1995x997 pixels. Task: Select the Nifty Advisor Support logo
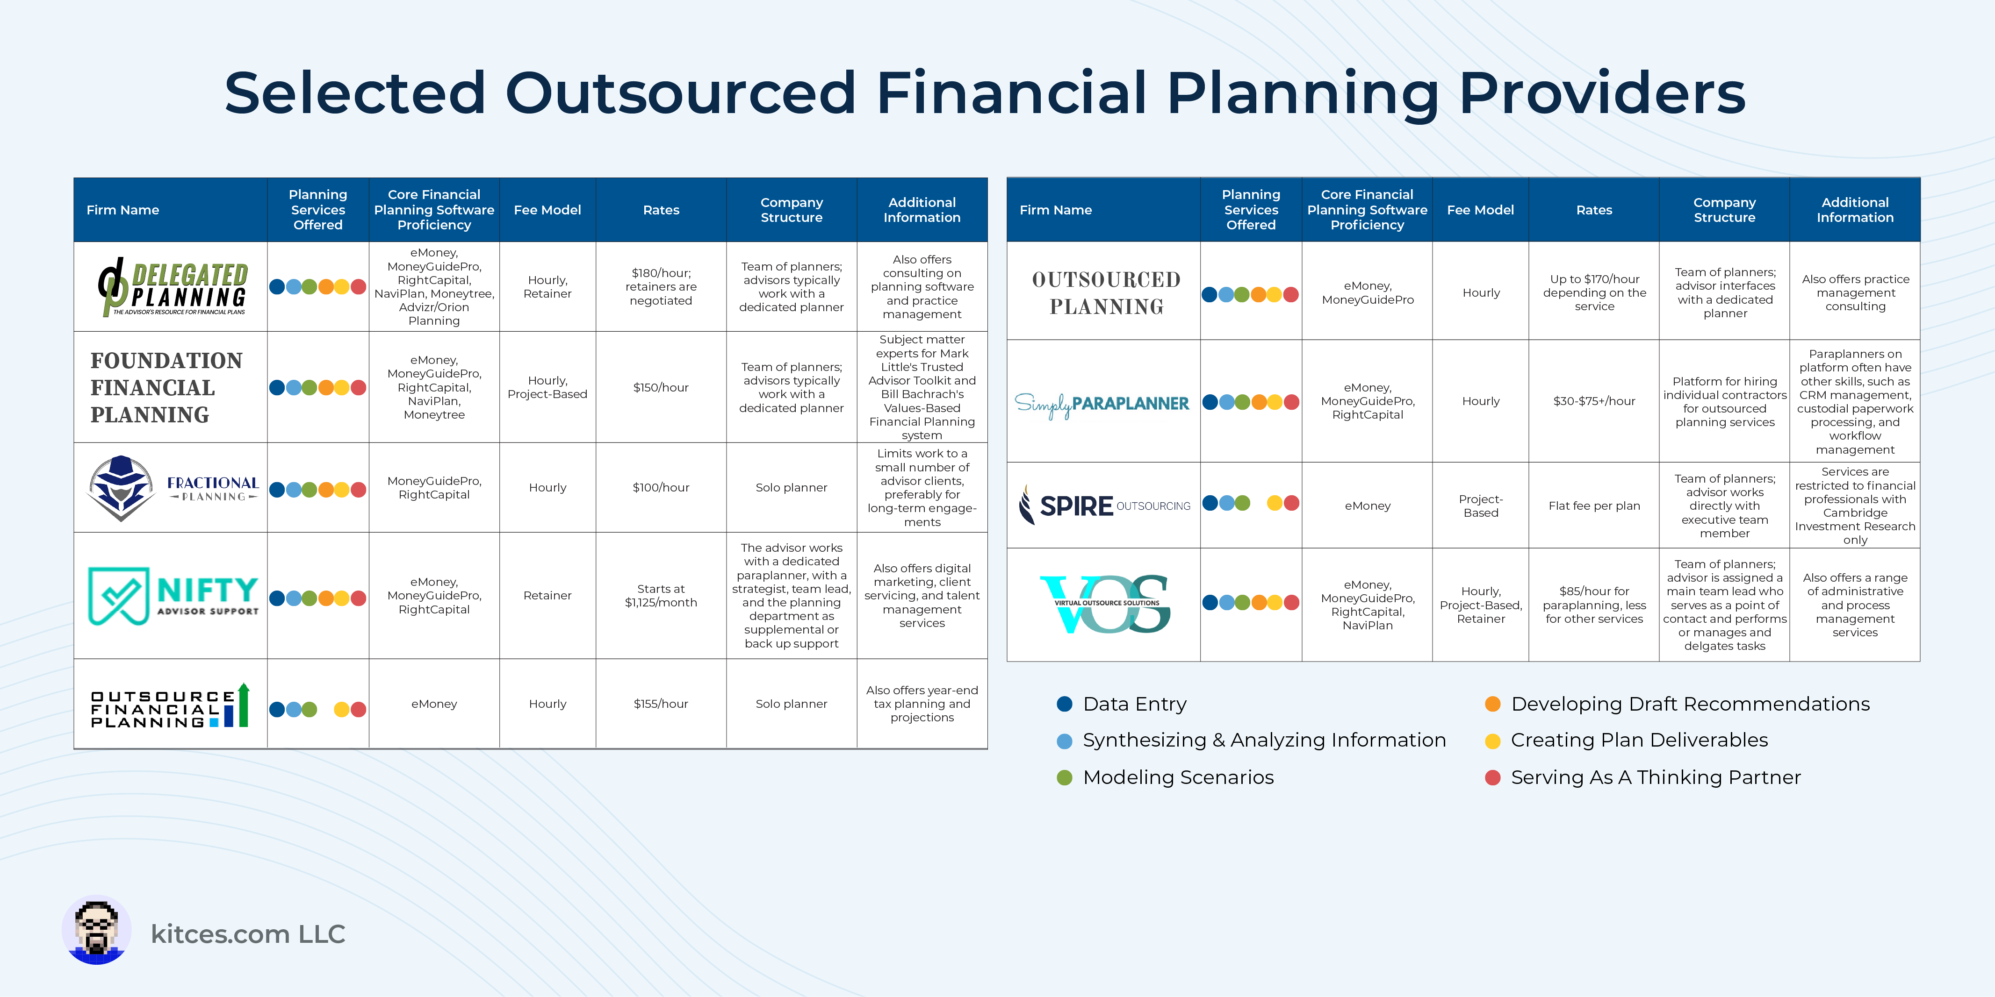[173, 595]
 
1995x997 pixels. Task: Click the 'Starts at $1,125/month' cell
[661, 595]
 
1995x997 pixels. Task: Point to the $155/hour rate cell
[661, 704]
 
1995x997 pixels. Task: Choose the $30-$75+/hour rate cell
[1594, 401]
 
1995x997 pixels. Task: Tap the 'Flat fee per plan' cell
[1594, 506]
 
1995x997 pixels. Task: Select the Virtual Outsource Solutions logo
[1105, 604]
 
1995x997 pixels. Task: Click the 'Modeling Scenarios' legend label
[1178, 777]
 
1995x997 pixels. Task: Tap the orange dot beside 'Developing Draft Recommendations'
[1492, 704]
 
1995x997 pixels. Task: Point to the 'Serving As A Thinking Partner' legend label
[1656, 777]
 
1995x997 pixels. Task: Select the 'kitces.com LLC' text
[248, 934]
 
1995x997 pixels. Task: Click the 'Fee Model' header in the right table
[1480, 210]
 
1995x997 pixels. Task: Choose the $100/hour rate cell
[661, 488]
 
